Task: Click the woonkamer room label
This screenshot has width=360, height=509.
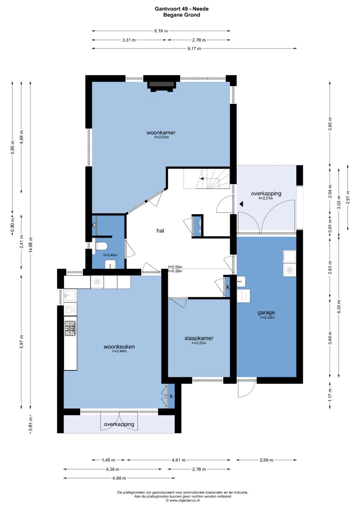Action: pyautogui.click(x=161, y=132)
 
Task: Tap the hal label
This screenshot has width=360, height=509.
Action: pyautogui.click(x=160, y=231)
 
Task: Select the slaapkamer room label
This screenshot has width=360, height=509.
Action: pyautogui.click(x=199, y=338)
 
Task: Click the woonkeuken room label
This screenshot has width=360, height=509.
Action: pyautogui.click(x=119, y=347)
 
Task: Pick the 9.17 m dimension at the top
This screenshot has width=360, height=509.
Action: pyautogui.click(x=194, y=48)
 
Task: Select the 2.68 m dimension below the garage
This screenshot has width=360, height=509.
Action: pyautogui.click(x=266, y=460)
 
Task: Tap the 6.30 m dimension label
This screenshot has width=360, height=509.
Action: pyautogui.click(x=339, y=307)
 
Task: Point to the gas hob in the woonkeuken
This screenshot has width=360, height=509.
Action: pyautogui.click(x=70, y=328)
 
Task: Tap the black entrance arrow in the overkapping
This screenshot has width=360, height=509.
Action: pyautogui.click(x=241, y=204)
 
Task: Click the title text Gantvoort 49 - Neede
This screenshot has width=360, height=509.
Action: pyautogui.click(x=182, y=9)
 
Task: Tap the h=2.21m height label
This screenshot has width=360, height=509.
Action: pyautogui.click(x=266, y=198)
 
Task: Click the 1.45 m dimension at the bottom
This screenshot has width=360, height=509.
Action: pyautogui.click(x=108, y=460)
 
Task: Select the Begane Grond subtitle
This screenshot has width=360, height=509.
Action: pyautogui.click(x=182, y=15)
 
